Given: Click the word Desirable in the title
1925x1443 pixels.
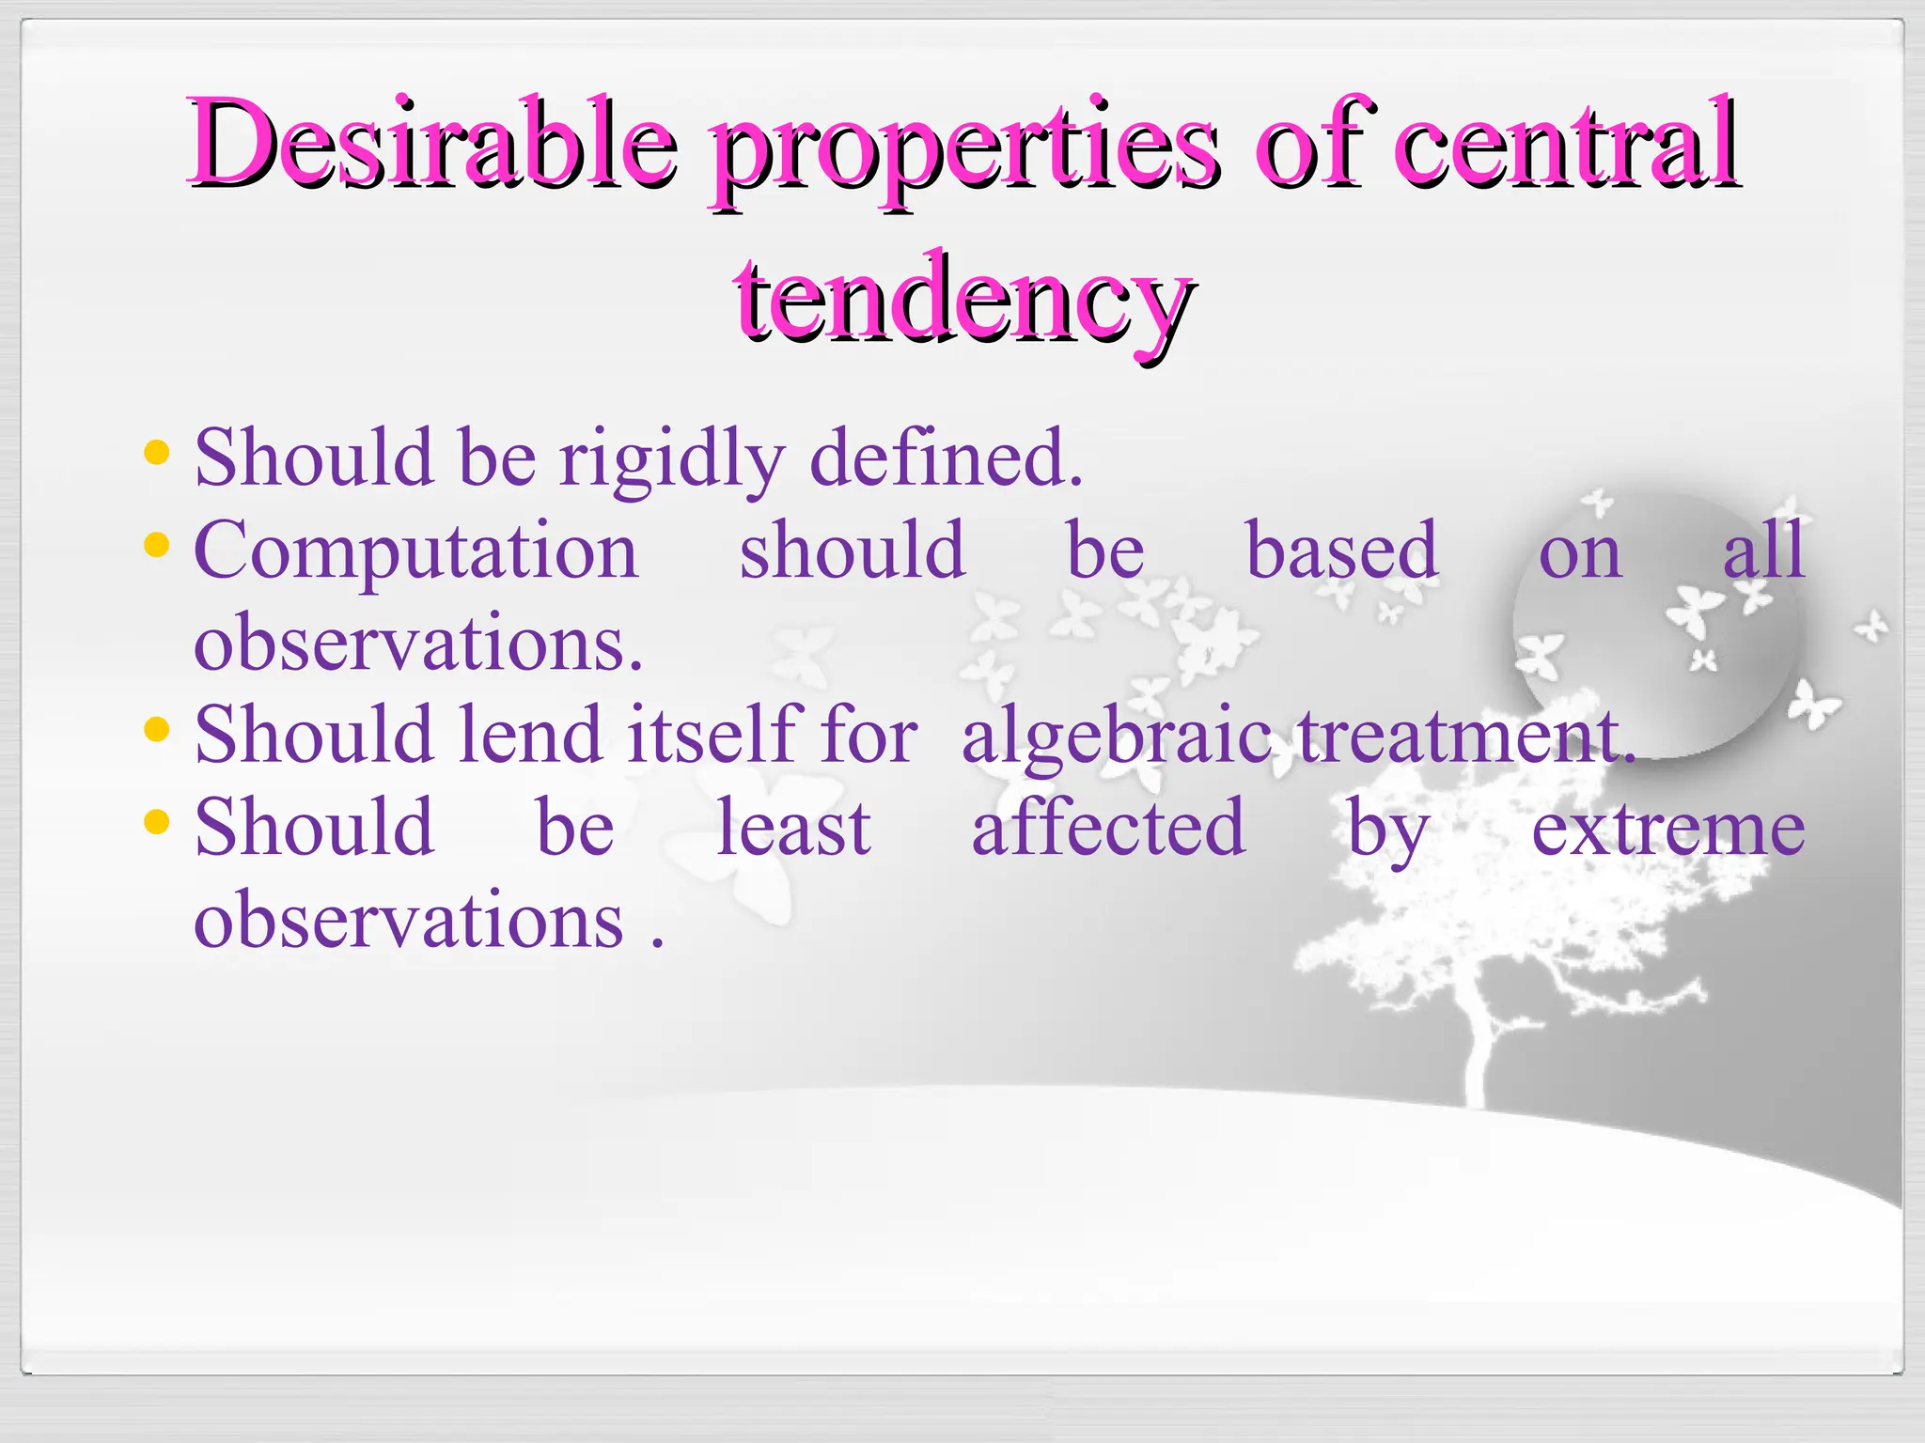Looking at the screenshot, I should (432, 144).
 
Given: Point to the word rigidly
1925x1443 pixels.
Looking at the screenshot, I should (671, 460).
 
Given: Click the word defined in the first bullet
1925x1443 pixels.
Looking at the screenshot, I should (945, 458).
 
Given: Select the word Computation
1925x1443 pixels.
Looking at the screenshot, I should (416, 552).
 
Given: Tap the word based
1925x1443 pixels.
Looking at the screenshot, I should (1341, 551).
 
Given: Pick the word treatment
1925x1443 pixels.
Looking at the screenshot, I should (1466, 736).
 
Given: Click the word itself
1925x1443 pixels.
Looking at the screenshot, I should (712, 735).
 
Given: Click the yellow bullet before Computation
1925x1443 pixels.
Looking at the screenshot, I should (157, 544).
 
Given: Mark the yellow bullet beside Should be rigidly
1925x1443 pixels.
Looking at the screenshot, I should (157, 453).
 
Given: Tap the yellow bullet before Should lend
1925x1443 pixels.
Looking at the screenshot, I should (157, 728).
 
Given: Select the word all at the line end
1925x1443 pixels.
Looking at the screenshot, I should (1763, 551).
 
